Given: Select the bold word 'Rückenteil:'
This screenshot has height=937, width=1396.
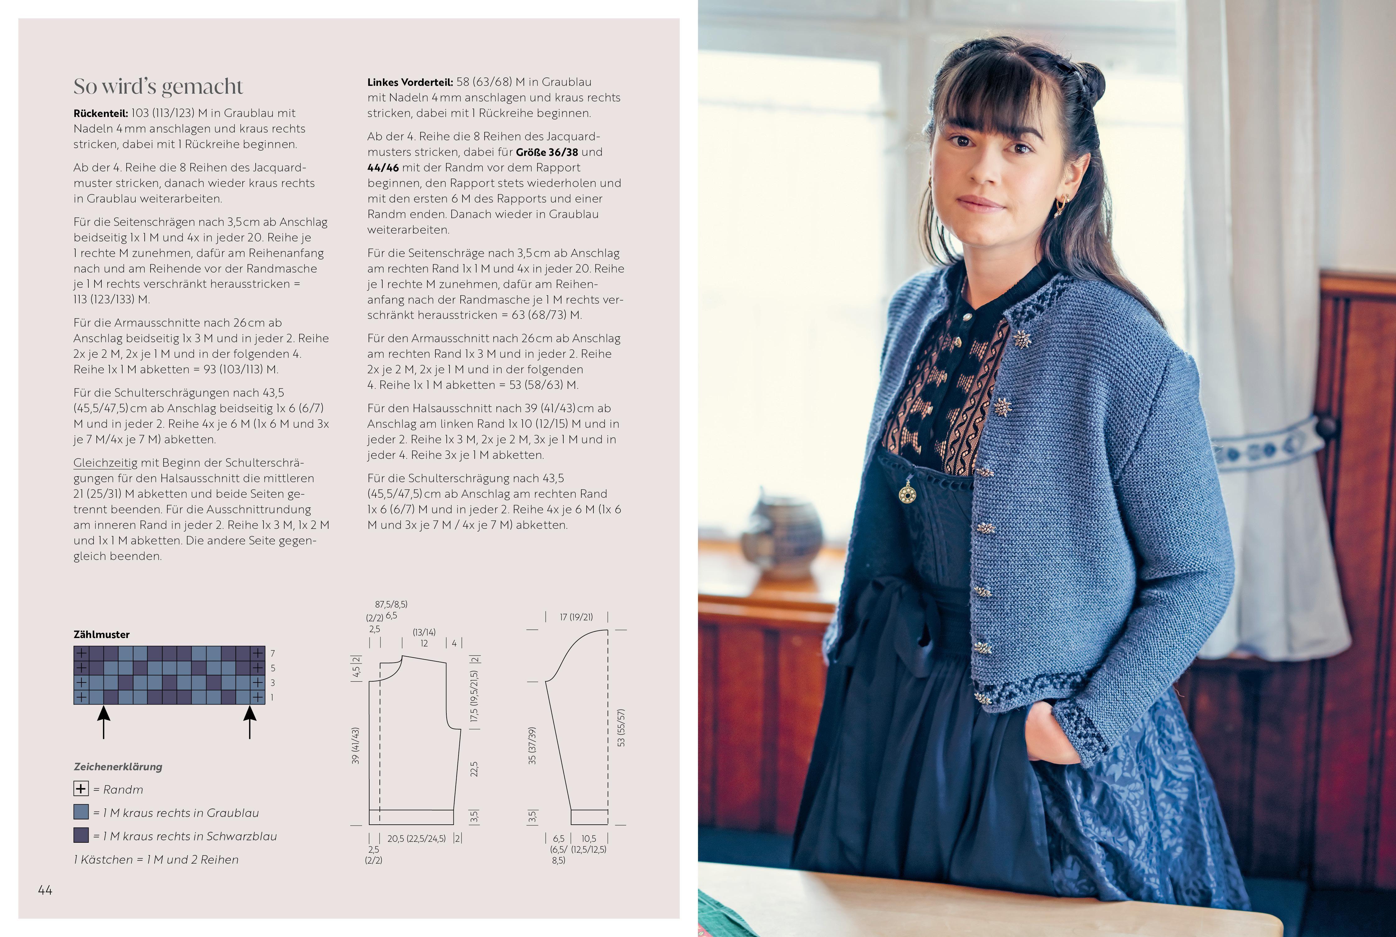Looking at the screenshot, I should click(100, 113).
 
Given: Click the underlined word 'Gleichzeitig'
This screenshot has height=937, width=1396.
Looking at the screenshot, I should click(105, 463).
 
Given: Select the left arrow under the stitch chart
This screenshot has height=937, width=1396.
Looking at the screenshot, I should click(104, 722).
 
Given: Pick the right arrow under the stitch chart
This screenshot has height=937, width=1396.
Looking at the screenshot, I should click(250, 722).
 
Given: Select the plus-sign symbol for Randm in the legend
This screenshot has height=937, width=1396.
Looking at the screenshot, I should click(81, 789).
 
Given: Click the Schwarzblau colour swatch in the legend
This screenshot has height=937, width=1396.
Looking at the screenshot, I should click(81, 835).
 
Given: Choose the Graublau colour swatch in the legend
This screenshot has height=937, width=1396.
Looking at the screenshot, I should click(81, 812).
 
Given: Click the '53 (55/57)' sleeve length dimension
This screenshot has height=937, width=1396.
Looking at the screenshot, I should click(621, 728).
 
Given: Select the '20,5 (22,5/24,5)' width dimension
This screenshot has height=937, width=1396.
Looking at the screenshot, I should click(416, 838).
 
